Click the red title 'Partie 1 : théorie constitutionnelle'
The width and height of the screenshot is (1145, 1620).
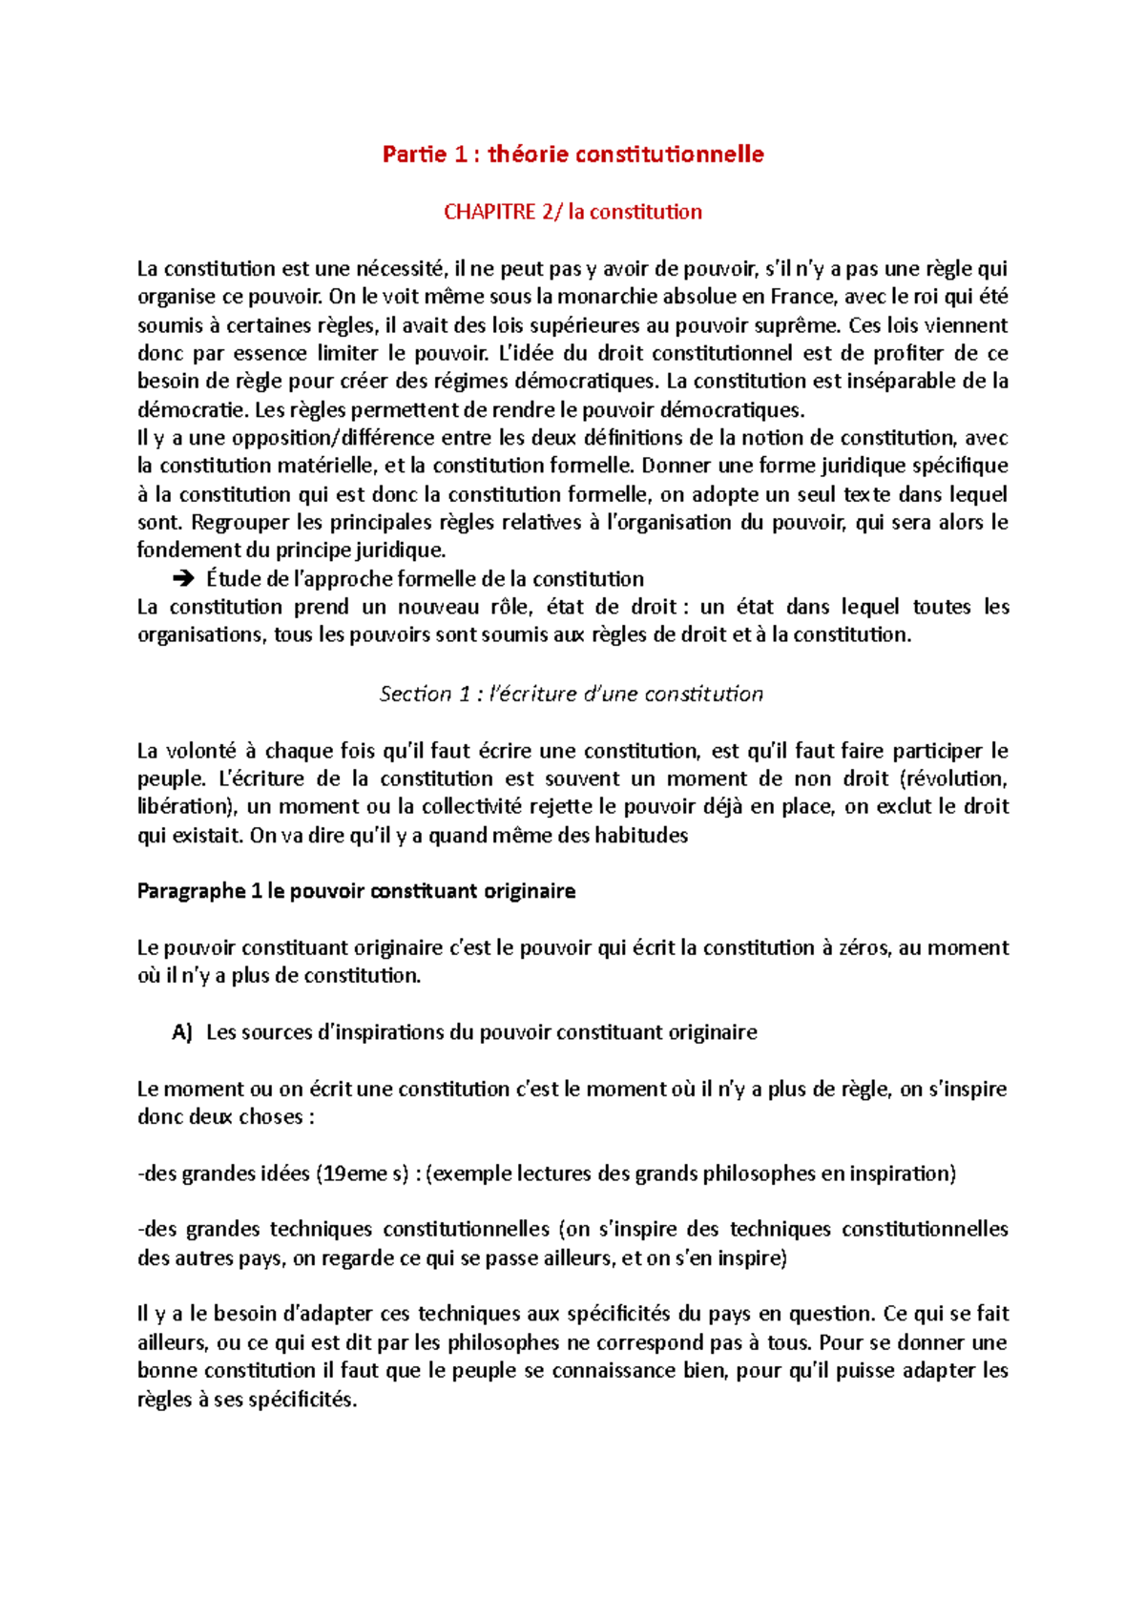coord(572,155)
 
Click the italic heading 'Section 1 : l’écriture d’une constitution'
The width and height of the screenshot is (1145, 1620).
coord(572,694)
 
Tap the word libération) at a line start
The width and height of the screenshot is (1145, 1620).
coord(187,807)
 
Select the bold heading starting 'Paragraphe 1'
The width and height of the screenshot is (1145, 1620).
coord(356,891)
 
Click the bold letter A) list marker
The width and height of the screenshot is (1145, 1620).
coord(181,1032)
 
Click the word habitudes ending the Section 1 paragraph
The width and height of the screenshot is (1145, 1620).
coord(641,836)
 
